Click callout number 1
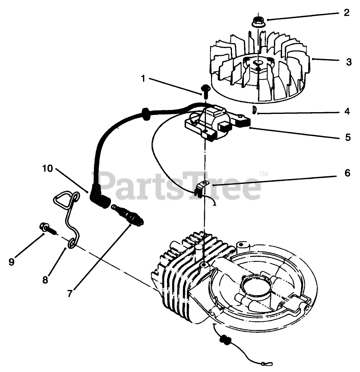click(x=143, y=79)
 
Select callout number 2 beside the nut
click(x=346, y=13)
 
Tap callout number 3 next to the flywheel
click(x=349, y=62)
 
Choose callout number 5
click(x=348, y=137)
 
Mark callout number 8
click(x=45, y=279)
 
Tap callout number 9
click(x=11, y=262)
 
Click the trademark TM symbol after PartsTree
click(x=264, y=174)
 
